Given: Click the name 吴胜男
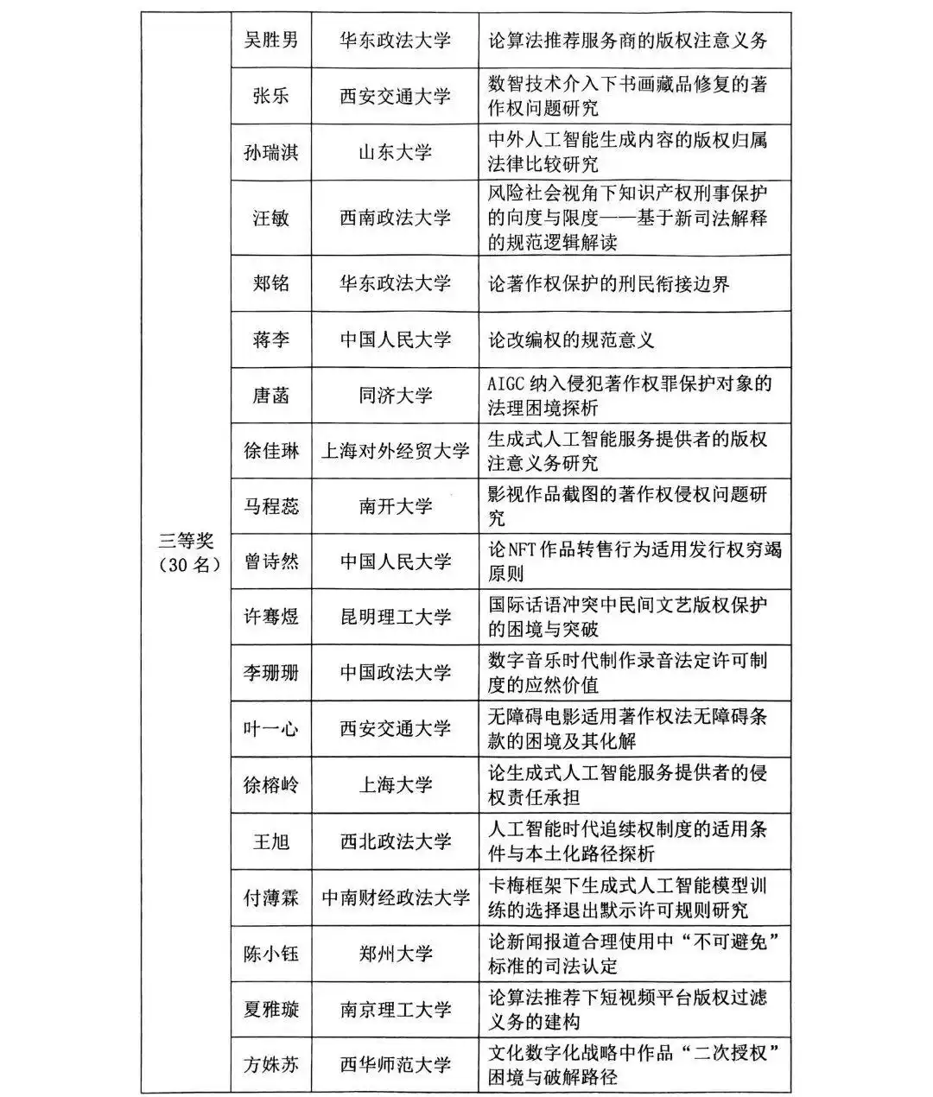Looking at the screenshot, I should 270,41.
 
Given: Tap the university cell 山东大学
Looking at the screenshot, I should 395,153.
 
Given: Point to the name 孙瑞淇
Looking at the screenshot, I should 270,153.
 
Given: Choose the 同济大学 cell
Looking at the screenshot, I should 395,396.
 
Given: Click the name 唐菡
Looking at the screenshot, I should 270,396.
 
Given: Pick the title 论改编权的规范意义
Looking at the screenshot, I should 571,339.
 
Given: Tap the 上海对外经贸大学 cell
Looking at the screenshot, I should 395,451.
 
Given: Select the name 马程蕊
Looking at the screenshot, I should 270,506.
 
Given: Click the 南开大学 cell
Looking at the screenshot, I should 395,506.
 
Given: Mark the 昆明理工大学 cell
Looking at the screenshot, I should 395,617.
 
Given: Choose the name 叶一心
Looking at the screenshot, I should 270,728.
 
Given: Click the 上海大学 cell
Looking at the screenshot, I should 395,784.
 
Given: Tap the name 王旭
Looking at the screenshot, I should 270,841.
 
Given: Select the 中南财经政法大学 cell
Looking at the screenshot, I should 395,897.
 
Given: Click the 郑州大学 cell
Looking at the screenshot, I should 395,954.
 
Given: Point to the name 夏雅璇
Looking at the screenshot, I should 270,1009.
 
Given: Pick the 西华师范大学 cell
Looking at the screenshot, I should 395,1064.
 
